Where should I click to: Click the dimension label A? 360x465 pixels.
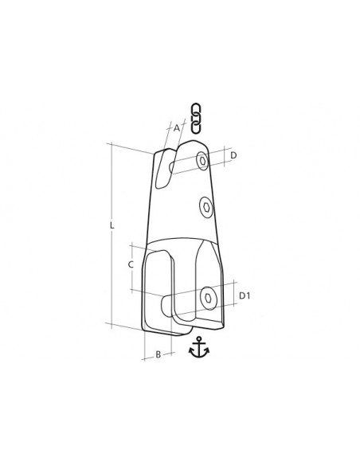[x=177, y=128]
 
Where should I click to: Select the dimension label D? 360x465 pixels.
[x=233, y=155]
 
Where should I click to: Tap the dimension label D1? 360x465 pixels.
[x=245, y=295]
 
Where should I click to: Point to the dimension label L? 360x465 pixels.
[x=112, y=225]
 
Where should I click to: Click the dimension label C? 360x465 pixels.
[x=131, y=264]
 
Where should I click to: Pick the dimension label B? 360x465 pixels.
[x=158, y=354]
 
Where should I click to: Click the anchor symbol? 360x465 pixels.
[x=199, y=347]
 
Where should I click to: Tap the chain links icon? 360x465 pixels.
[x=195, y=118]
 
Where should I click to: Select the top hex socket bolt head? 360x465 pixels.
[x=203, y=161]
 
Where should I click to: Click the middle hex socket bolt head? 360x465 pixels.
[x=206, y=207]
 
